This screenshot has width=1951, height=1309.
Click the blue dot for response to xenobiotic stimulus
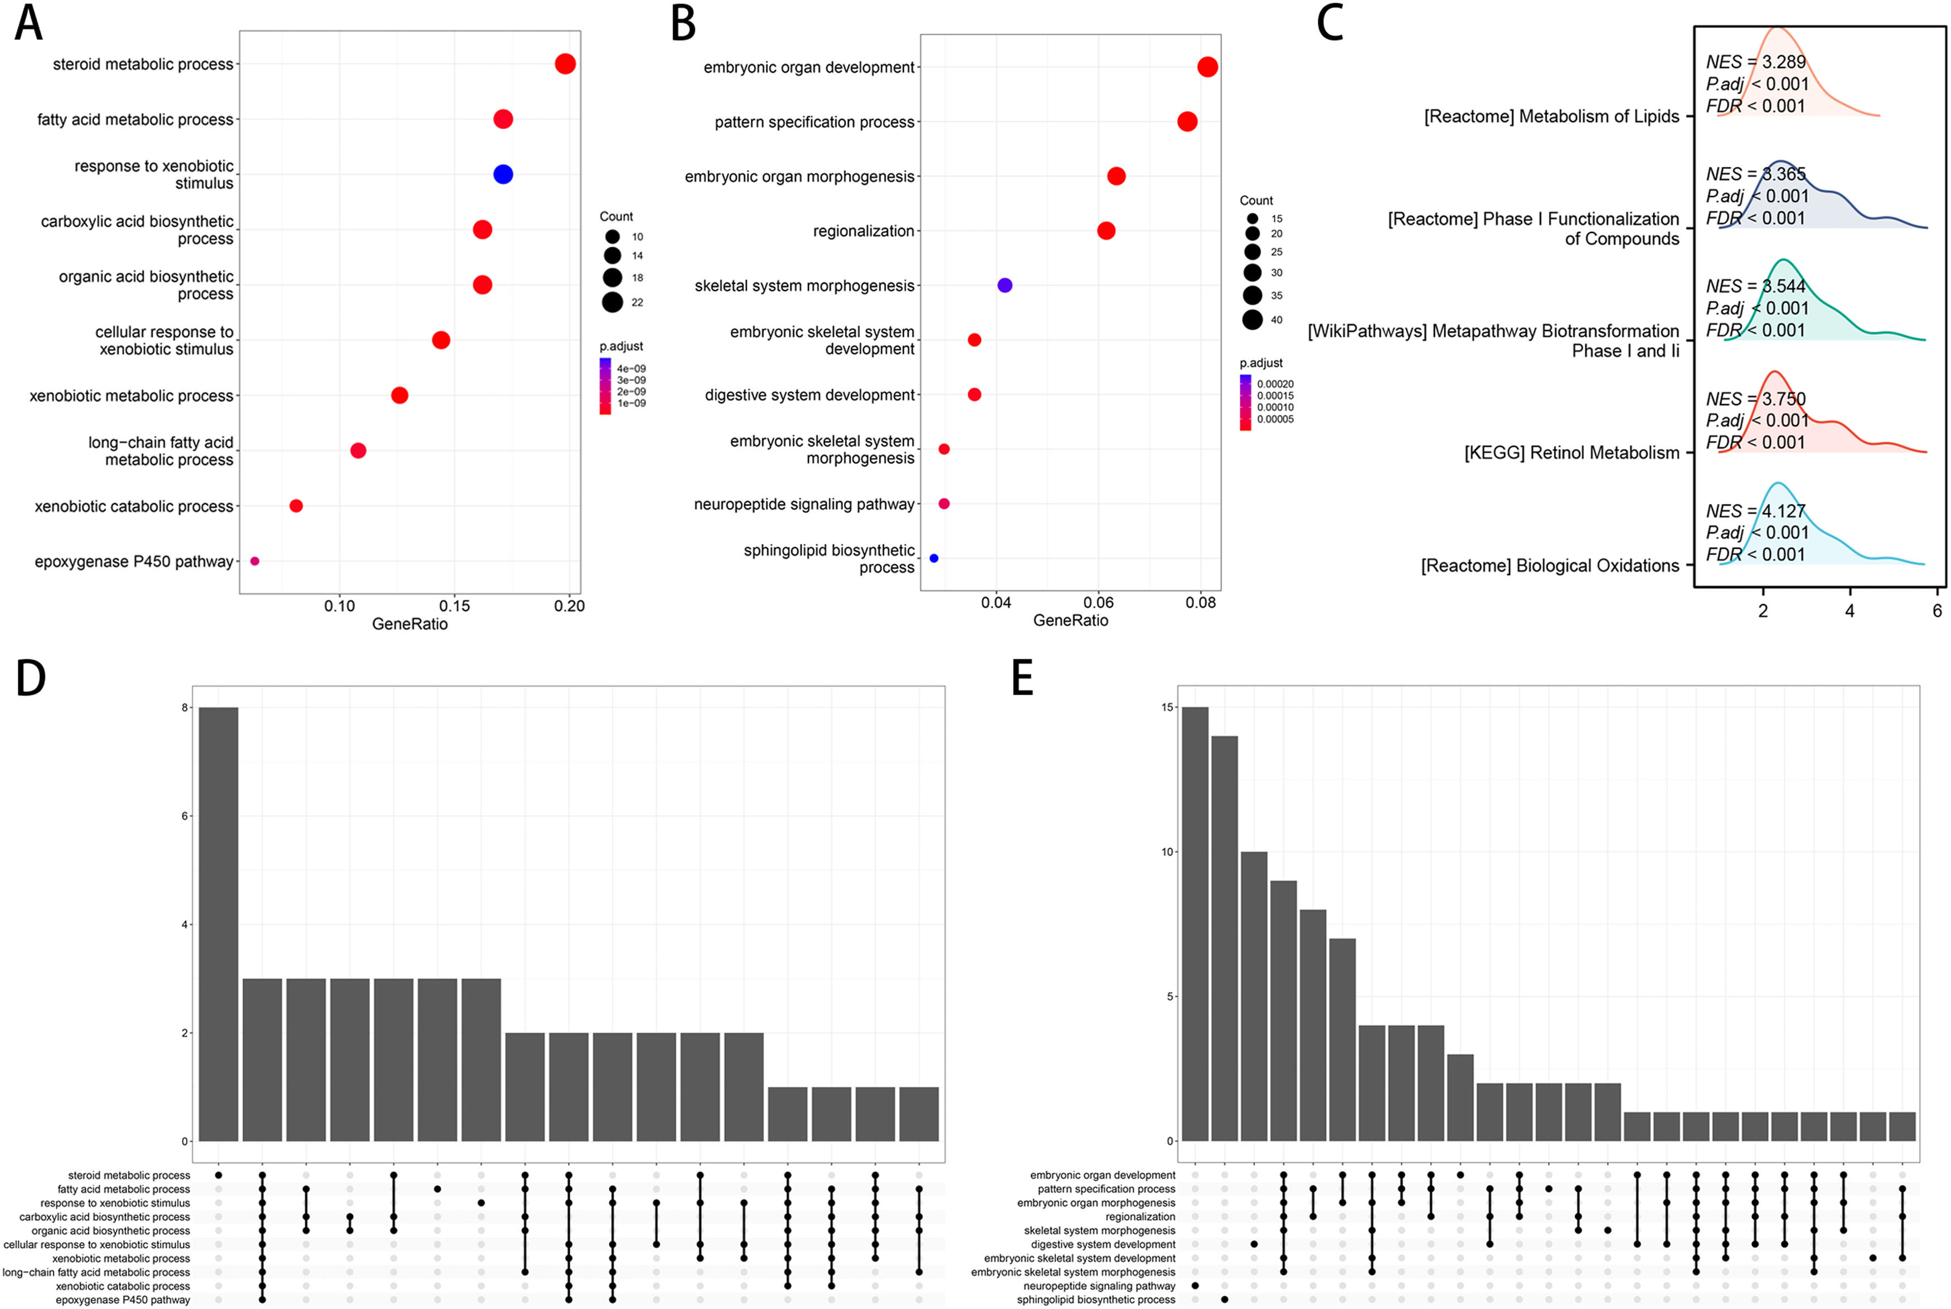tap(503, 174)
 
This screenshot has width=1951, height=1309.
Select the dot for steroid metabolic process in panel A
tap(565, 64)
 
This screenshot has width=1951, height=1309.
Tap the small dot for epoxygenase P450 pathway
tap(255, 561)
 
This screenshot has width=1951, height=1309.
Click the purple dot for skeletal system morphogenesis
tap(1004, 285)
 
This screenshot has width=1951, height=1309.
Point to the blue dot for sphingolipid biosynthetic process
tap(933, 558)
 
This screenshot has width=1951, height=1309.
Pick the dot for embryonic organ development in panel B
tap(1207, 67)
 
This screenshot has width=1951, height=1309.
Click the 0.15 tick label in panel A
tap(454, 606)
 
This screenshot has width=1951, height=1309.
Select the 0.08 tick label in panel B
tap(1201, 603)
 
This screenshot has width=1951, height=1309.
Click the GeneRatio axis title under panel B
tap(1070, 620)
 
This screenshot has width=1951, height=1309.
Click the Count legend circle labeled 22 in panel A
tap(613, 302)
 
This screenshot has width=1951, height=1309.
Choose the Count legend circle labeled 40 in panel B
tap(1252, 320)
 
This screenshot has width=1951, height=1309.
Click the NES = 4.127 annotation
tap(1755, 511)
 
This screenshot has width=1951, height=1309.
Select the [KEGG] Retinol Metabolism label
tap(1571, 453)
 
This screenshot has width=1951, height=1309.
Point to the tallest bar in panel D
tap(219, 923)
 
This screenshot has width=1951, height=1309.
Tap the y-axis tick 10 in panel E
tap(1167, 851)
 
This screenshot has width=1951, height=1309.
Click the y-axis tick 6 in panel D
tap(185, 816)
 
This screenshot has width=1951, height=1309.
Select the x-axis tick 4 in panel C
tap(1850, 611)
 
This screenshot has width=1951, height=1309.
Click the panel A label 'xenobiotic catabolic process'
tap(134, 507)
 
